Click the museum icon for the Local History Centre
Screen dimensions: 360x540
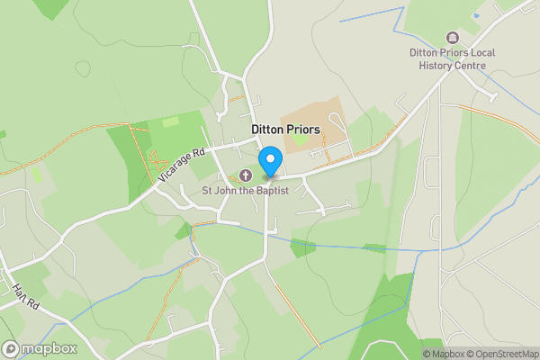click(452, 38)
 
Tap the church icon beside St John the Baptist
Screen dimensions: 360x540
click(245, 175)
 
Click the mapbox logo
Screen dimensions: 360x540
click(40, 348)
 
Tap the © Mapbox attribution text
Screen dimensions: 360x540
click(444, 354)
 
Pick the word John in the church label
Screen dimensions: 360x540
click(229, 190)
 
